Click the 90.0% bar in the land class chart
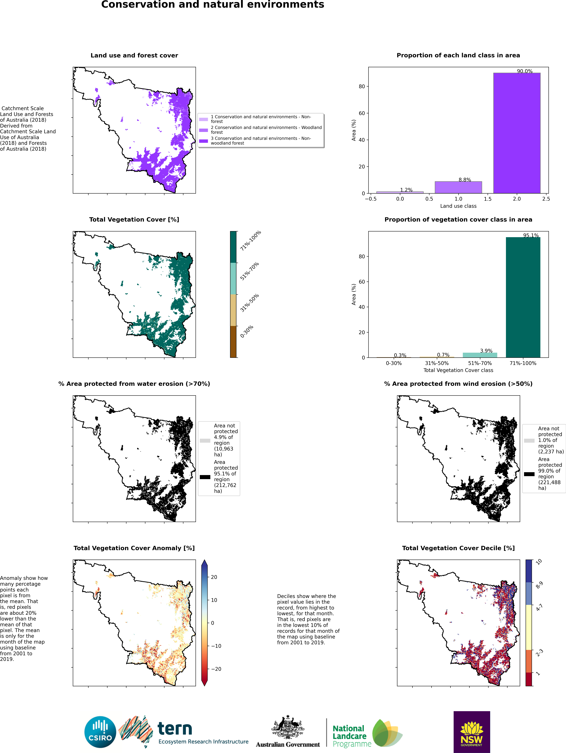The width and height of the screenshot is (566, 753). click(x=517, y=133)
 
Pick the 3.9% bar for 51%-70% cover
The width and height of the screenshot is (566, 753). click(x=480, y=355)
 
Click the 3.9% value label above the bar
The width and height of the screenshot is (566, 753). click(x=486, y=351)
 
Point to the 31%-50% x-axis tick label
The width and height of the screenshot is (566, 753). click(x=437, y=363)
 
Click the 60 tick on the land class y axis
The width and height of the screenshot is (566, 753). click(x=361, y=113)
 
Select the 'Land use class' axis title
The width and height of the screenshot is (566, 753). click(x=458, y=206)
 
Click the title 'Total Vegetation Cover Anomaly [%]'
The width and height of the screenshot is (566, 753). click(x=134, y=548)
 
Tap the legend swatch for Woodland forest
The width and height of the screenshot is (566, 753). click(x=204, y=130)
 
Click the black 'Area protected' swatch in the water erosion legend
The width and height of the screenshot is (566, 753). click(x=205, y=477)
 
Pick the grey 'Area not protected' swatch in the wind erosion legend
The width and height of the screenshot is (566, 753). click(x=529, y=441)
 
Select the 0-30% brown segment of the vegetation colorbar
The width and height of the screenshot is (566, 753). click(x=233, y=342)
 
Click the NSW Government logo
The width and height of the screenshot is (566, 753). click(x=472, y=732)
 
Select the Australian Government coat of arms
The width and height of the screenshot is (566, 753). click(x=288, y=727)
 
